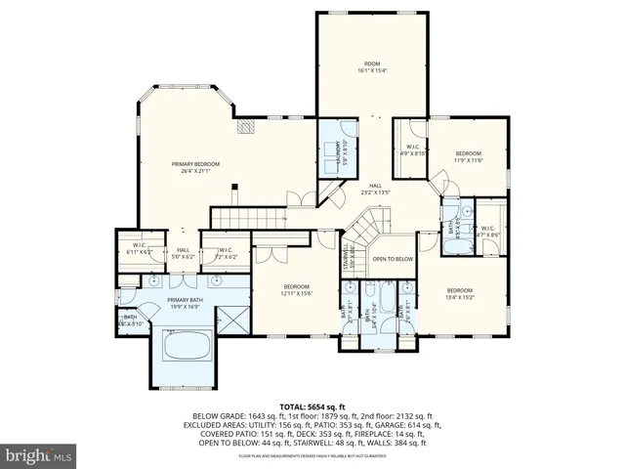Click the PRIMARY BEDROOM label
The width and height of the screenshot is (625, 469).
point(195,167)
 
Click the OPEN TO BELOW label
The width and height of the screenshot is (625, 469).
point(393,259)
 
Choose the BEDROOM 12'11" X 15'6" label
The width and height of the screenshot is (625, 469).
point(296,290)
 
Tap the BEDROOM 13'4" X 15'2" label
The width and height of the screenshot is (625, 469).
point(459,293)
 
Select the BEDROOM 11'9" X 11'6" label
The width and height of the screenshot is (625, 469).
point(468,156)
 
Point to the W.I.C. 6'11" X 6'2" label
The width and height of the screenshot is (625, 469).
point(142,249)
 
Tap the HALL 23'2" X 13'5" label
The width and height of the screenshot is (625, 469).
point(374,189)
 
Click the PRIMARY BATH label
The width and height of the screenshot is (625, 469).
point(184,303)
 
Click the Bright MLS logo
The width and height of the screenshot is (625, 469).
point(39,454)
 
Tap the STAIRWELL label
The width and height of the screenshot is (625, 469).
point(347,260)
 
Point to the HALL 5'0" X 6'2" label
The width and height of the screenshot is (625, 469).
point(183,252)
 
